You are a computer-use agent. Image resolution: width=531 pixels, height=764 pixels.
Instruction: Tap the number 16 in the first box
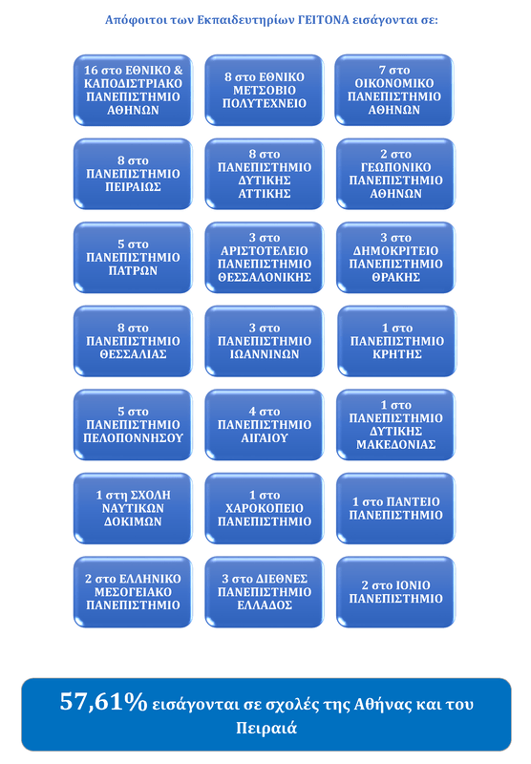(91, 70)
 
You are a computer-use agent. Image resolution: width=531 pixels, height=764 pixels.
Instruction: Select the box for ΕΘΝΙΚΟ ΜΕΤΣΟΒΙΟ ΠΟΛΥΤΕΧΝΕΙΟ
(264, 90)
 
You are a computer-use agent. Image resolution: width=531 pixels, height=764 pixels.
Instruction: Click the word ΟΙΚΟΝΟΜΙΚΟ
(394, 83)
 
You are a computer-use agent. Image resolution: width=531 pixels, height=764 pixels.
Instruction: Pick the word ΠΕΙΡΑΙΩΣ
(133, 187)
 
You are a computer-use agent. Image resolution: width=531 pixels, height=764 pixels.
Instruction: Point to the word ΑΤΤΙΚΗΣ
(264, 194)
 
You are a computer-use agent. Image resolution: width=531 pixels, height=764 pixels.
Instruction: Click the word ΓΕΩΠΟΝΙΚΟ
(395, 168)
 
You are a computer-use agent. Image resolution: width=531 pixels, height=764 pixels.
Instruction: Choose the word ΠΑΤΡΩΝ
(133, 271)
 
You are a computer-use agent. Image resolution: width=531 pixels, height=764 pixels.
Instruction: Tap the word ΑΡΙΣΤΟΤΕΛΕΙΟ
(264, 251)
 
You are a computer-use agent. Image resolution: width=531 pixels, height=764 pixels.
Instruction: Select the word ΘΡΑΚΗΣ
(395, 278)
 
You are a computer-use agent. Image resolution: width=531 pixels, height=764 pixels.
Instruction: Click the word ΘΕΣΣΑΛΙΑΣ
(133, 354)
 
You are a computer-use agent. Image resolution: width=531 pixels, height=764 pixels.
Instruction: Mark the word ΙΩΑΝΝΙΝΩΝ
(264, 354)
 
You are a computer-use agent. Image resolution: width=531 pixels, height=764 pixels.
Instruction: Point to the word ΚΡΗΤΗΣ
(397, 354)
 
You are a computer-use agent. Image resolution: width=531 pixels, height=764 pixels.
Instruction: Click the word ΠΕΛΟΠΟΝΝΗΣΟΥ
(133, 438)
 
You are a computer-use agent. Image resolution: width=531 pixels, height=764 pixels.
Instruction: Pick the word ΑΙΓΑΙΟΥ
(264, 438)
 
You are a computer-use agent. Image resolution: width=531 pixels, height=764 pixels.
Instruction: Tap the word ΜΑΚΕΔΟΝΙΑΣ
(395, 445)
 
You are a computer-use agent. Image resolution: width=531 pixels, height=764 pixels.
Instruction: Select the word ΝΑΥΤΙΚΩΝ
(133, 509)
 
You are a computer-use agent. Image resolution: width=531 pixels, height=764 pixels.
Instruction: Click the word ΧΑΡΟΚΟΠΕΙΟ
(264, 509)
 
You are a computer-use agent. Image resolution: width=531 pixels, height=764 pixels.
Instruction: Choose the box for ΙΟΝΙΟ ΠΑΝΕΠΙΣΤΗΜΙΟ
(395, 592)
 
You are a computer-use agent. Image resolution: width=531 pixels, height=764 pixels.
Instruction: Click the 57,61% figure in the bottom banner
(103, 702)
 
